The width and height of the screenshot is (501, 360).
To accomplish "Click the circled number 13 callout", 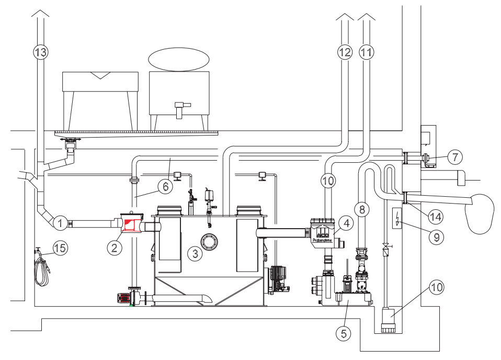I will (40, 52).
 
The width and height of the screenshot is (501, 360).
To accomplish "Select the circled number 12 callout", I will (345, 52).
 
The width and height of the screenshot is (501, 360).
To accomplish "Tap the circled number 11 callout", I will (367, 52).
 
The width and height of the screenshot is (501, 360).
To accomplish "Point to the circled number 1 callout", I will (61, 223).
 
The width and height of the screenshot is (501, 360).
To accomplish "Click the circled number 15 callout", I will (61, 248).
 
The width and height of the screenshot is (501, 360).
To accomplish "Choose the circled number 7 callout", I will (455, 156).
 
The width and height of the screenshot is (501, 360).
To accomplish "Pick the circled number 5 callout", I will (343, 333).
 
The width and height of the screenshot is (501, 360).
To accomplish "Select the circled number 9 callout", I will (435, 237).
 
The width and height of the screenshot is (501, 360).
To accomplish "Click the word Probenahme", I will (322, 240).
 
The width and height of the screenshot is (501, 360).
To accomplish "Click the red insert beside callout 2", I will (129, 226).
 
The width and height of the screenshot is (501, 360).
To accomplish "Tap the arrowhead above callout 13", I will (40, 15).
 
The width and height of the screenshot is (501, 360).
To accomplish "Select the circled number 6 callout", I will (164, 185).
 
